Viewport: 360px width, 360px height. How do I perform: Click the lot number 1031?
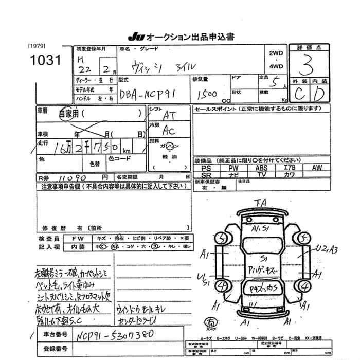point(45,61)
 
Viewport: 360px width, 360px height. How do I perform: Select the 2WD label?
point(276,53)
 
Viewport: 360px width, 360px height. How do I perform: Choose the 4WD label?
point(276,66)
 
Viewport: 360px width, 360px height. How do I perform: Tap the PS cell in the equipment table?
point(206,168)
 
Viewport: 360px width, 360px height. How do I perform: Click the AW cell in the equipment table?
point(317,168)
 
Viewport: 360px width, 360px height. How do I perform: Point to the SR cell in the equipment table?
point(206,175)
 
